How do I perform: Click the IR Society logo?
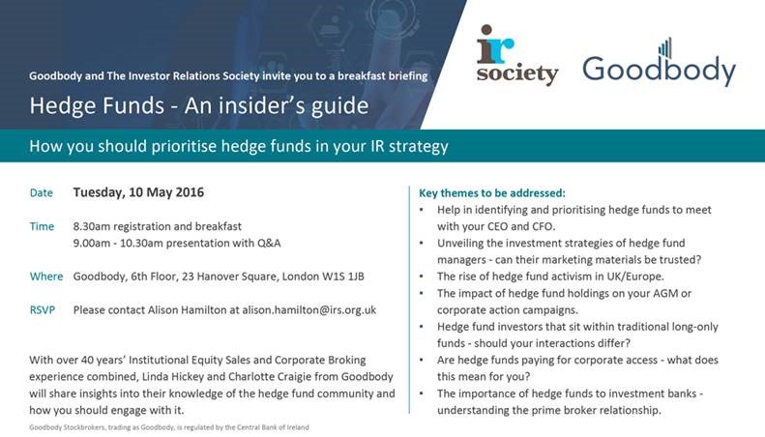point(517,55)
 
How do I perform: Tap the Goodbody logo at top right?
point(660,63)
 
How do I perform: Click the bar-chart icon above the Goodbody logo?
point(665,47)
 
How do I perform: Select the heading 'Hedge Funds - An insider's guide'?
point(199,105)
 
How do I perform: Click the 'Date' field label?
point(41,192)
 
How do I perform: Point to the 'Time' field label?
point(42,226)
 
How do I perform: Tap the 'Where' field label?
point(46,277)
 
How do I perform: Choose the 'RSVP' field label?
point(43,309)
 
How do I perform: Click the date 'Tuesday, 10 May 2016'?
point(138,192)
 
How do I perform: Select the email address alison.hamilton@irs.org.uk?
point(309,310)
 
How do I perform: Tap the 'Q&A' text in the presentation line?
point(269,243)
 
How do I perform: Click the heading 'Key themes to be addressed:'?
point(492,193)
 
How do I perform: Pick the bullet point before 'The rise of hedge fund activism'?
point(422,277)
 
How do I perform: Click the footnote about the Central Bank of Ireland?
point(169,427)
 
